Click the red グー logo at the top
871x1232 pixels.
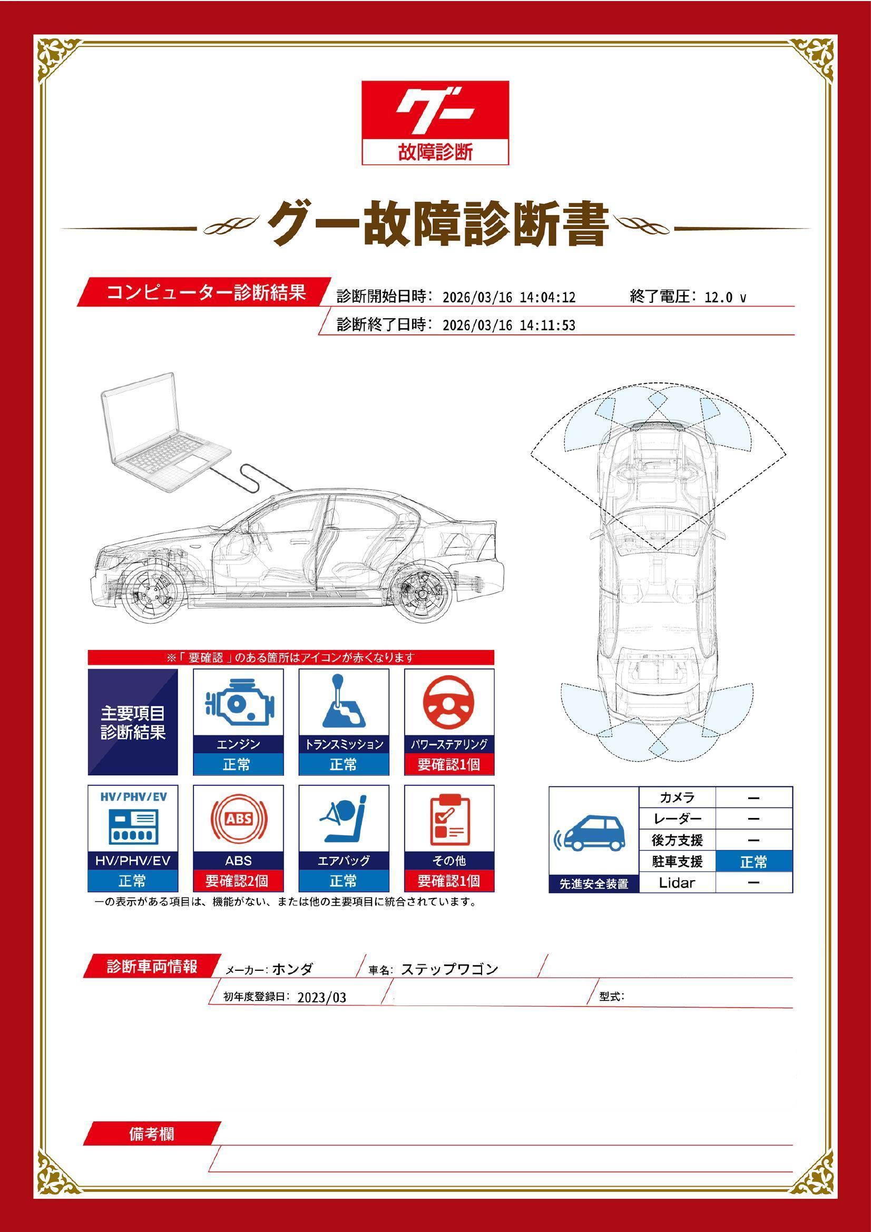(435, 111)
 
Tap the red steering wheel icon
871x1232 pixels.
(449, 703)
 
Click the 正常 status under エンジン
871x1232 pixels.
(238, 764)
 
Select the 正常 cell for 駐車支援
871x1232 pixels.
(753, 862)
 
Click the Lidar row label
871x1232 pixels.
(677, 883)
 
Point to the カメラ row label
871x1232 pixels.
(677, 797)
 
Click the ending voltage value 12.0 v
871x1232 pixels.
(725, 297)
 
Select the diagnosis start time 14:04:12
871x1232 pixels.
(547, 297)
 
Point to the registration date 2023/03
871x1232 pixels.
(321, 998)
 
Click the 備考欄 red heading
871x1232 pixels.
(152, 1134)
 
